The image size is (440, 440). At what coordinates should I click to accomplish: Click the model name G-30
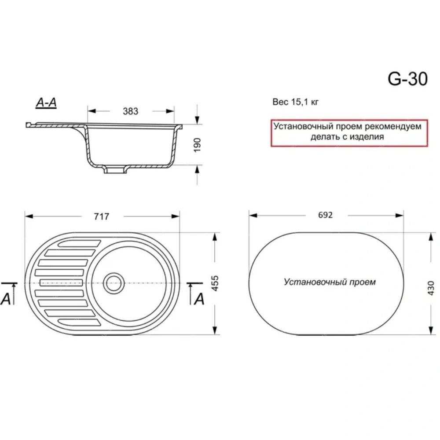408,79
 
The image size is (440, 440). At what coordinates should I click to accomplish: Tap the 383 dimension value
131,111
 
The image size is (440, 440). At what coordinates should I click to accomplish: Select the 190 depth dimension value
198,145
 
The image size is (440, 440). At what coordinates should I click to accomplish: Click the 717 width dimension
102,216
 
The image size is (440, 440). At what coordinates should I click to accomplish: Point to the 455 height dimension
215,283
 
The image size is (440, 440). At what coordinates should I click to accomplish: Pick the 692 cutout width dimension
326,215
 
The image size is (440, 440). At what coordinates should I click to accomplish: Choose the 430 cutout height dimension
431,288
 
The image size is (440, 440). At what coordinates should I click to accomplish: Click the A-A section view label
46,103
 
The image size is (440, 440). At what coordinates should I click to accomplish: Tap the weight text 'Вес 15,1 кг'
296,102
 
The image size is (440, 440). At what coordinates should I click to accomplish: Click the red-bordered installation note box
349,133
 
